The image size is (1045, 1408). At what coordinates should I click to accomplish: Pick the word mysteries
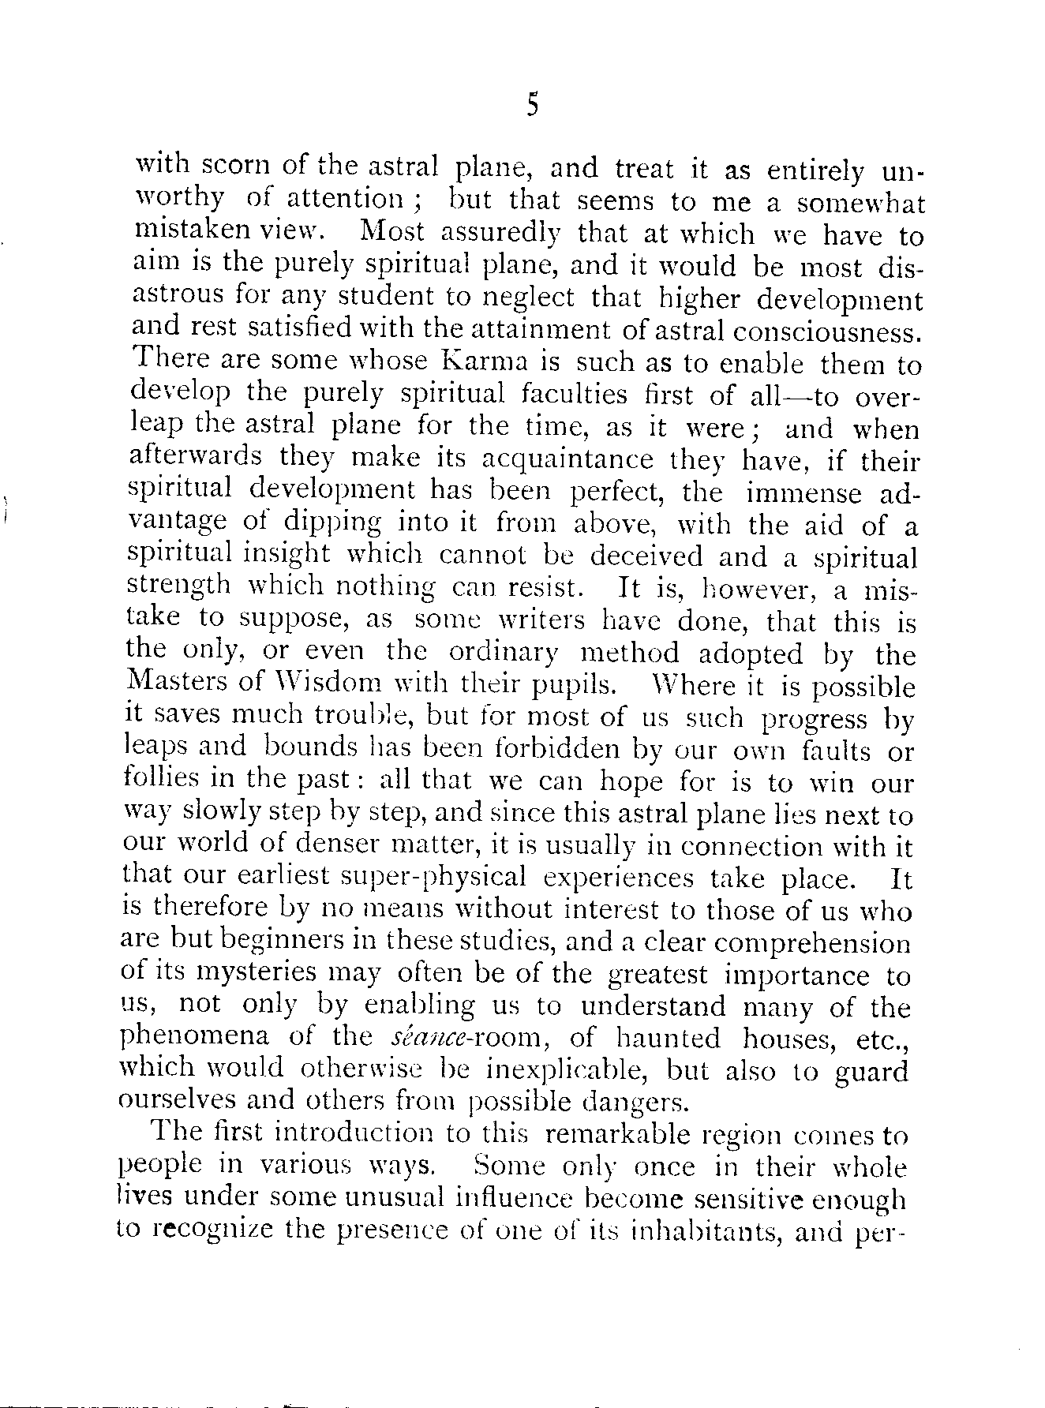(250, 975)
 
